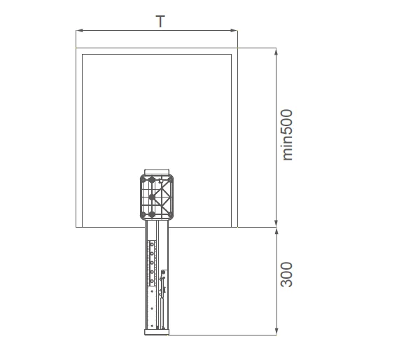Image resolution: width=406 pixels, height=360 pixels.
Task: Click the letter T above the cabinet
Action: pyautogui.click(x=160, y=22)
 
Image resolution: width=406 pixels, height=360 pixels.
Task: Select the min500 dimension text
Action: pyautogui.click(x=288, y=135)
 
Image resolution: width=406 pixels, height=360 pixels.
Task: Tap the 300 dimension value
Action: pyautogui.click(x=287, y=275)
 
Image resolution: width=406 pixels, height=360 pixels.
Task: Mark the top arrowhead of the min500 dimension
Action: pyautogui.click(x=276, y=52)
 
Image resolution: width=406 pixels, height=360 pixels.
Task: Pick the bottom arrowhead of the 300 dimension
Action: pyautogui.click(x=276, y=331)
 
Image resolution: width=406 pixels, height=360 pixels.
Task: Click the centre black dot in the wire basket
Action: pyautogui.click(x=152, y=198)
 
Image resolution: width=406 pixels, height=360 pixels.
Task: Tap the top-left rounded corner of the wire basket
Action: pyautogui.click(x=143, y=178)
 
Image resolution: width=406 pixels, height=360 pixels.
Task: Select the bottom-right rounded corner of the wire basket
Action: pyautogui.click(x=170, y=216)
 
